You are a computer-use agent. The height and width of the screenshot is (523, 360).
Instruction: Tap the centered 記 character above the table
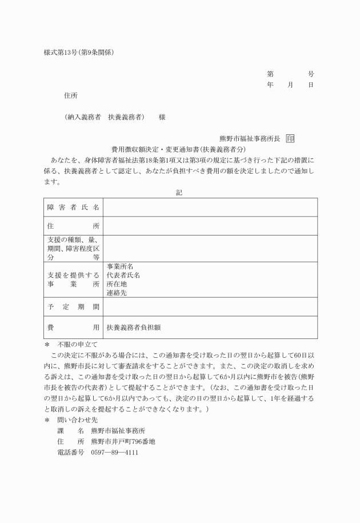(179, 193)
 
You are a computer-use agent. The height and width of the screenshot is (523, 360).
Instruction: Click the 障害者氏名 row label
(73, 207)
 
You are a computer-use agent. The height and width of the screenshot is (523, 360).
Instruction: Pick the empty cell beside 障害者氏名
(210, 207)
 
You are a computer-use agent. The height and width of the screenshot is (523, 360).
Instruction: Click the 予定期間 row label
(73, 306)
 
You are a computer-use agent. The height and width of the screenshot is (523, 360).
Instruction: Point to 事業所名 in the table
(120, 266)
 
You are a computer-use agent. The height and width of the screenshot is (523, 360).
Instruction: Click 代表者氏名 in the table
(123, 275)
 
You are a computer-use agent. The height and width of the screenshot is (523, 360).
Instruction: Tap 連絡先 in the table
(117, 293)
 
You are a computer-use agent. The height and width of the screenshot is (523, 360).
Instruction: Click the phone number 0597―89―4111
(114, 452)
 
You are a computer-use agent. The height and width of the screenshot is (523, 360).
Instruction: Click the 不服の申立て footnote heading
(77, 345)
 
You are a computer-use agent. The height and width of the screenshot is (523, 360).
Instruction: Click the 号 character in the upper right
(311, 74)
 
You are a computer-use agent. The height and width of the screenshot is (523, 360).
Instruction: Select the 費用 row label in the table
(73, 328)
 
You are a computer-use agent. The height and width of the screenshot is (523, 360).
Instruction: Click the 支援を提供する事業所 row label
(73, 280)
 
